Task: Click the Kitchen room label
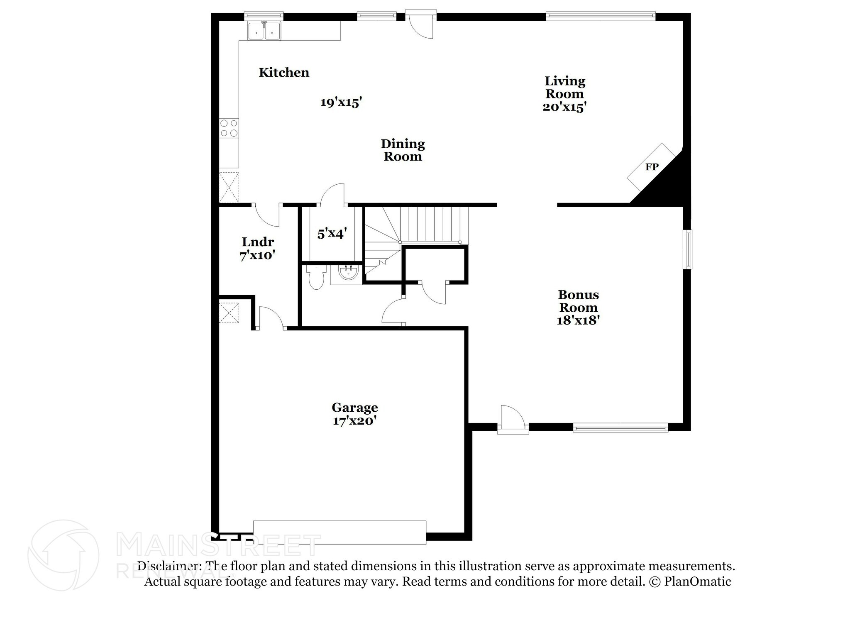(x=284, y=73)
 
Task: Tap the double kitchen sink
(x=264, y=31)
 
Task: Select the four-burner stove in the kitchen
(x=229, y=128)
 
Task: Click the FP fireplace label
(x=652, y=167)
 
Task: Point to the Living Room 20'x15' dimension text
(x=564, y=107)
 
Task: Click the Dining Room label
(x=403, y=150)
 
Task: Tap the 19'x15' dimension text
(x=341, y=102)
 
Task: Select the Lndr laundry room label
(x=258, y=242)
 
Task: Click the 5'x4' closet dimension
(x=332, y=234)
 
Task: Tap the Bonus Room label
(x=578, y=301)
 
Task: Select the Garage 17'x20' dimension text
(x=354, y=421)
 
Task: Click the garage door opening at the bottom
(x=340, y=532)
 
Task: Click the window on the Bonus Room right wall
(x=687, y=249)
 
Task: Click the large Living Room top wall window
(x=600, y=16)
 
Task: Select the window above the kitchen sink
(x=264, y=16)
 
